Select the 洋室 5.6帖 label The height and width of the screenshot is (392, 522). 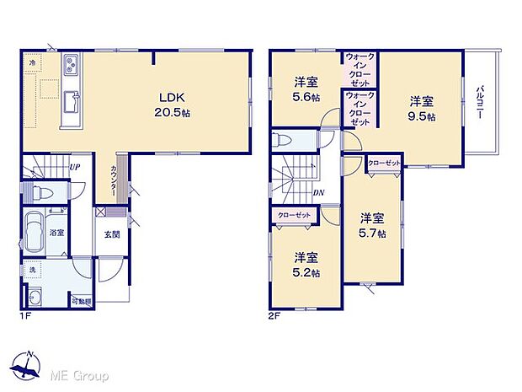click(x=306, y=89)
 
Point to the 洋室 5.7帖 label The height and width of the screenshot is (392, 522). click(x=371, y=223)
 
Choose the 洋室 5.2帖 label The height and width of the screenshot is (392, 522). click(x=306, y=264)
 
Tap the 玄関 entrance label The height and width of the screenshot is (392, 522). click(x=112, y=234)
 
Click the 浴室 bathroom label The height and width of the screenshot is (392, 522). click(x=57, y=231)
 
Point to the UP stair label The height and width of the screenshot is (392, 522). click(x=75, y=168)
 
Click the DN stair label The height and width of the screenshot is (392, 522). click(x=319, y=192)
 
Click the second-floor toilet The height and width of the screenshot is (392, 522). click(x=285, y=140)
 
